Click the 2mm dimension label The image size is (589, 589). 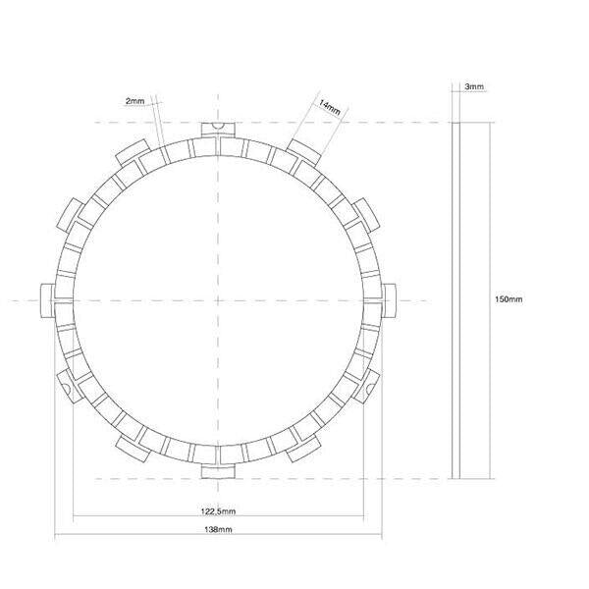(134, 101)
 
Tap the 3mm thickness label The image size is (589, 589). (474, 86)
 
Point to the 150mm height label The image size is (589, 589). (509, 298)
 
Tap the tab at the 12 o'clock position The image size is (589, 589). (216, 129)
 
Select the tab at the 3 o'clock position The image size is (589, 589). (390, 299)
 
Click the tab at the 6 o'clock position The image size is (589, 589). (216, 472)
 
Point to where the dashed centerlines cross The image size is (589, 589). (216, 299)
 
